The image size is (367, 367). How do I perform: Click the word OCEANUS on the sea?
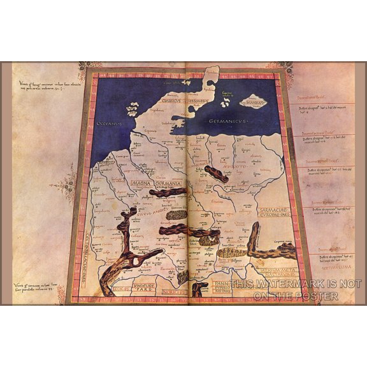105,122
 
